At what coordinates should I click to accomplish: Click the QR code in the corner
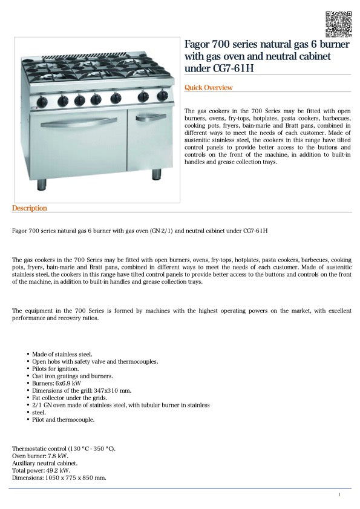338,24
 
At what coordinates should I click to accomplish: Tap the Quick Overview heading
208,88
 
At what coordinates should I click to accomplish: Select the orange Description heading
29,208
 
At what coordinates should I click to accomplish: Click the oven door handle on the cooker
78,120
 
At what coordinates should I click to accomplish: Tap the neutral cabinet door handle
150,117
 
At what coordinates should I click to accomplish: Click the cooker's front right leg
157,174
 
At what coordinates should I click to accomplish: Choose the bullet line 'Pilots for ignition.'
55,369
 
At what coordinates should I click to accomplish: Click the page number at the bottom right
339,495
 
